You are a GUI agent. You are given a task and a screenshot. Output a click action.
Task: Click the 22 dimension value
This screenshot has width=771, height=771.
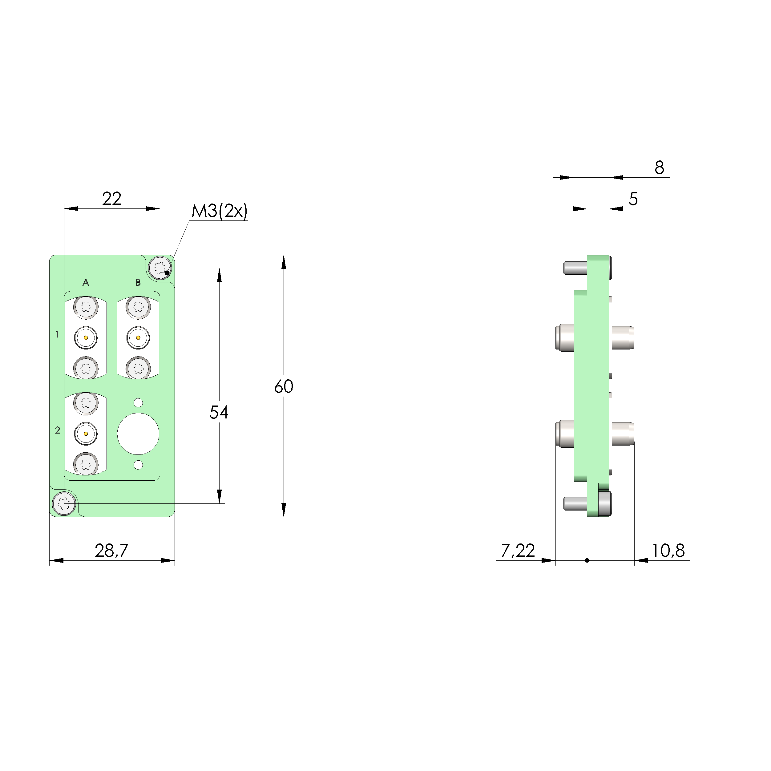click(111, 199)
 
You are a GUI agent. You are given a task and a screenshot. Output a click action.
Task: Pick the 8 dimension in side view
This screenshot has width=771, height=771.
click(659, 168)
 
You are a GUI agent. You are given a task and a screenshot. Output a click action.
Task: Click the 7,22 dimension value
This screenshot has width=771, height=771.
click(518, 551)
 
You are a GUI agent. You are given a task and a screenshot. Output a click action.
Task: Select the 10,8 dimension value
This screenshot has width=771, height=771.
click(668, 551)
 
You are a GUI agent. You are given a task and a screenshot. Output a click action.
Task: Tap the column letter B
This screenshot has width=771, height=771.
click(138, 283)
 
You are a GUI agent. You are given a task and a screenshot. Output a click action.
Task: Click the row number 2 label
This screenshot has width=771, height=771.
click(58, 430)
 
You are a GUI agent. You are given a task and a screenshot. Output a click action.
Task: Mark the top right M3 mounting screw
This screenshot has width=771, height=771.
click(160, 267)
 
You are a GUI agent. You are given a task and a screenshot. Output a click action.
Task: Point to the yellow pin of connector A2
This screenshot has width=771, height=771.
click(86, 434)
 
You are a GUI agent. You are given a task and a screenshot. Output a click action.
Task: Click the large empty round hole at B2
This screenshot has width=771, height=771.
click(138, 434)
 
